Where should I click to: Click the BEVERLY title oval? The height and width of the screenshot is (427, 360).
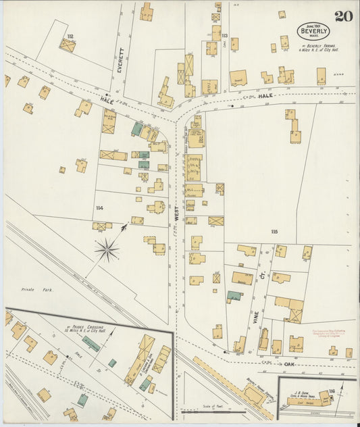[314, 31]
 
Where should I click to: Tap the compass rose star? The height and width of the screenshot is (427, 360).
[107, 251]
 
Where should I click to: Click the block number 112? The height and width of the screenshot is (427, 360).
[70, 35]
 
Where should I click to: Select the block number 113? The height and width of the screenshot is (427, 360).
[224, 35]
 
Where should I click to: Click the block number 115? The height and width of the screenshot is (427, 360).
[274, 232]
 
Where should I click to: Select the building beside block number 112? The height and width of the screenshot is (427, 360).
[67, 46]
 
